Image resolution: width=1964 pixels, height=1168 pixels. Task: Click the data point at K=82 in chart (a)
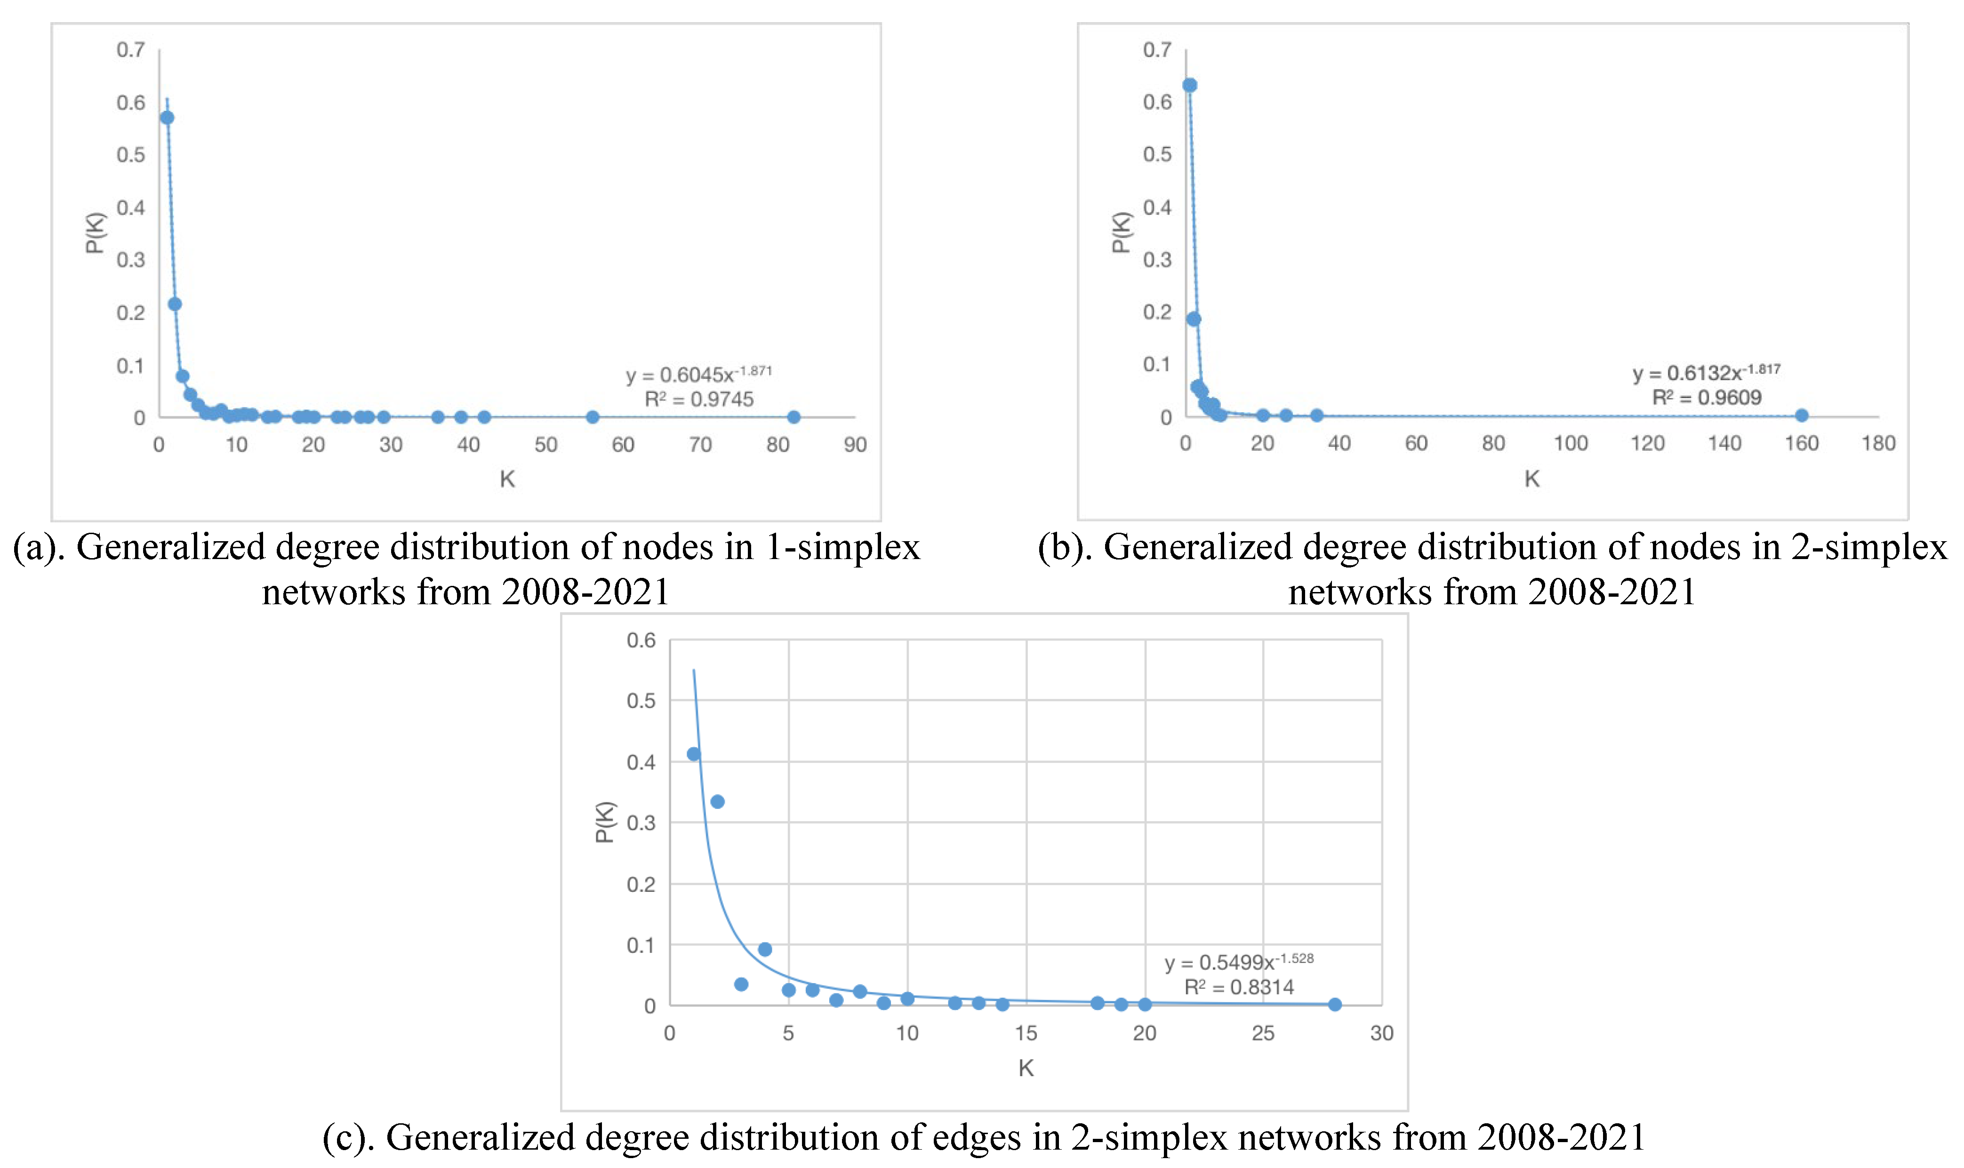[794, 417]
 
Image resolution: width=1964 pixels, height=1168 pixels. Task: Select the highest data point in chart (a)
[167, 117]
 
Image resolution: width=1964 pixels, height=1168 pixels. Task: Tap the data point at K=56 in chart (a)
[593, 417]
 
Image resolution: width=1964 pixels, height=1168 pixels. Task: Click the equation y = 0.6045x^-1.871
[698, 374]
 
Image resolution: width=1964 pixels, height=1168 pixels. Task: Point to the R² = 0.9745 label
[699, 399]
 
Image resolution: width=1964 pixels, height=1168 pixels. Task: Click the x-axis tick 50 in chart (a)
[545, 445]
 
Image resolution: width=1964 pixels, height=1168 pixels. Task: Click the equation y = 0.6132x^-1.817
[1706, 372]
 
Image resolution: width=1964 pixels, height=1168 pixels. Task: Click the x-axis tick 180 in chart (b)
[1877, 443]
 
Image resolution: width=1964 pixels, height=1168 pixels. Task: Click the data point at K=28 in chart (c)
[1334, 1004]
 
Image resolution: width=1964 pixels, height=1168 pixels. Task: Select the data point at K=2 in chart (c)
[717, 801]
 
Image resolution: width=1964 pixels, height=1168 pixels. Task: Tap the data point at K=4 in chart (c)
[764, 949]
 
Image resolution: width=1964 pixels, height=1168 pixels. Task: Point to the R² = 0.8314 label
[1239, 987]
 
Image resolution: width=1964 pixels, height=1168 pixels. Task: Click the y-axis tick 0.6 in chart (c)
[641, 640]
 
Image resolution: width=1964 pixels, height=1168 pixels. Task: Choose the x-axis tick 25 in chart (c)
[1263, 1033]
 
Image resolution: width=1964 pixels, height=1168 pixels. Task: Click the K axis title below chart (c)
[1026, 1068]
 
